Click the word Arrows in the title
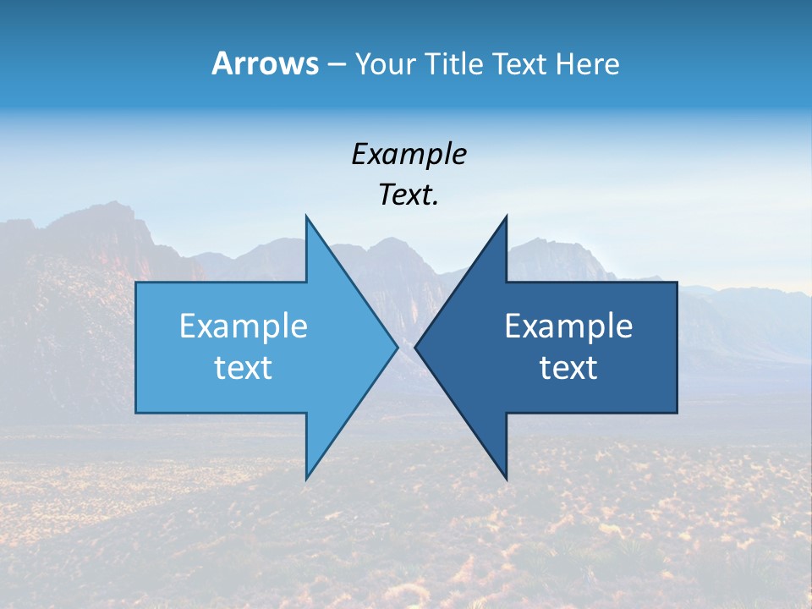pos(264,63)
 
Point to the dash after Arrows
pos(336,65)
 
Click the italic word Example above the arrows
pos(409,155)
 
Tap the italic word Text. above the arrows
pos(409,195)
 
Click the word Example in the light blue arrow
pos(244,326)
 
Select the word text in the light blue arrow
pos(244,368)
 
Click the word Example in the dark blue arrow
pos(568,326)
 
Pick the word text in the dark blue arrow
pos(568,368)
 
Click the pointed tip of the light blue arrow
pos(398,347)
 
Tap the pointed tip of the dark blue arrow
pos(415,347)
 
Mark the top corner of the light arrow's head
pos(307,217)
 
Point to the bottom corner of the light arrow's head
pos(307,479)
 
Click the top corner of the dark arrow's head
pos(506,217)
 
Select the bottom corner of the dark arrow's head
pos(506,479)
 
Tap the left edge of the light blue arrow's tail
pos(136,347)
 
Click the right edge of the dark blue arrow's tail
pos(677,347)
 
